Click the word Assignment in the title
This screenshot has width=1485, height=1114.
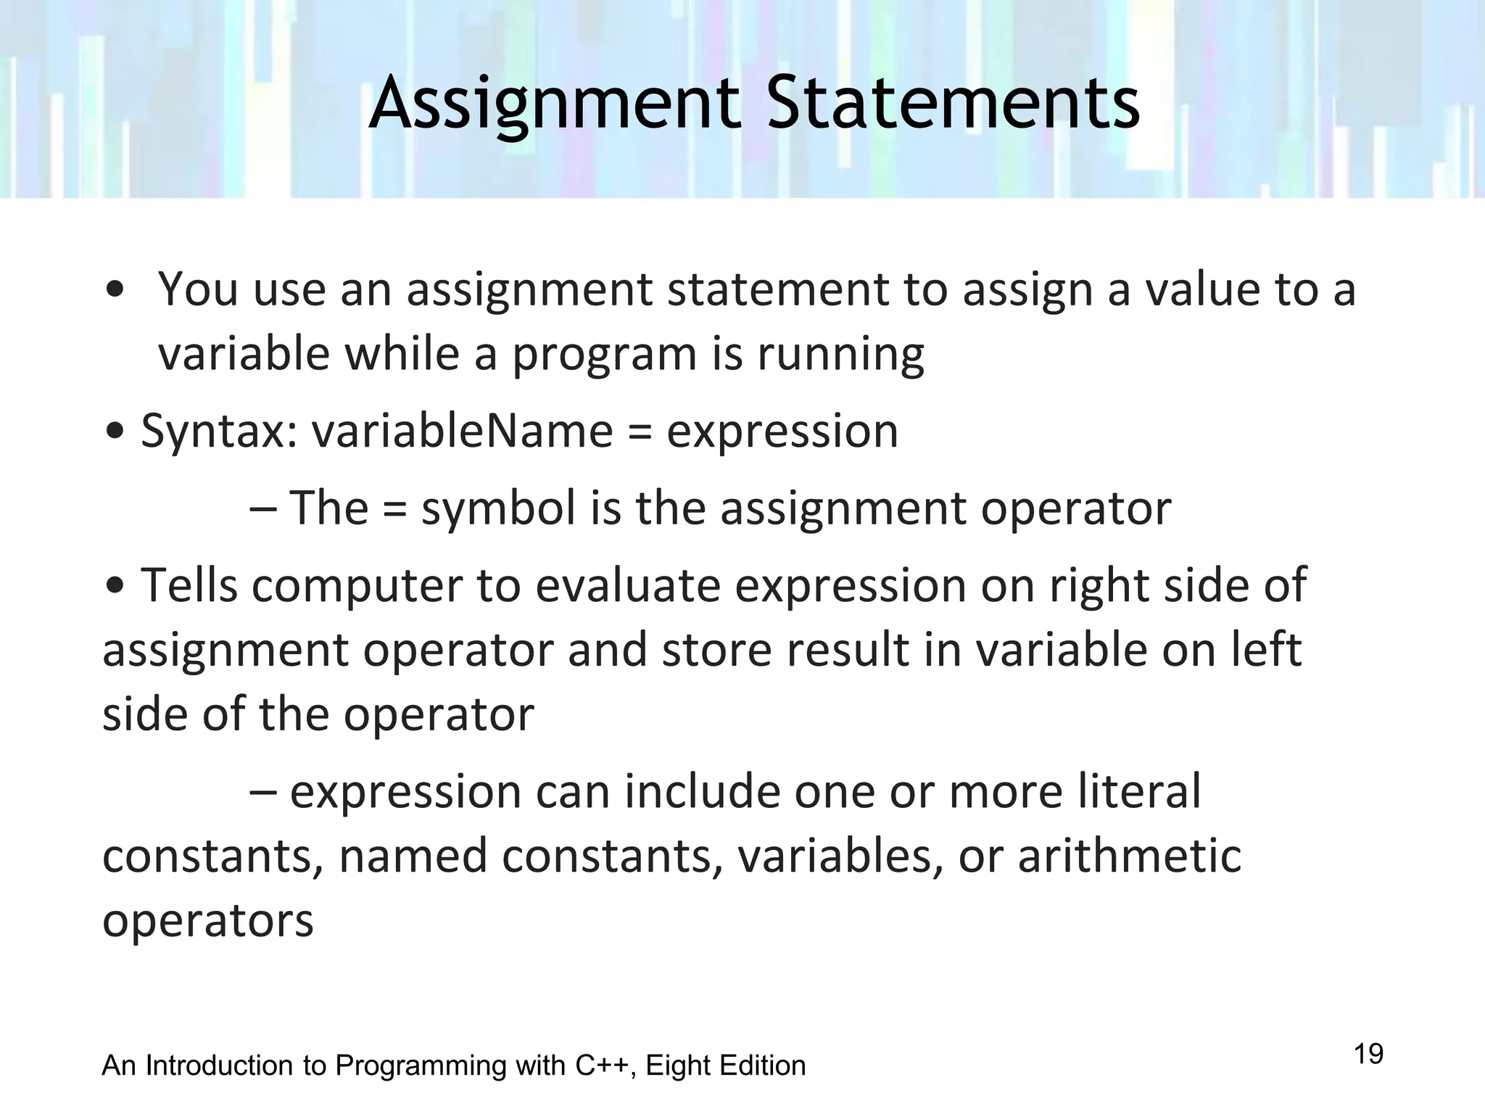point(555,104)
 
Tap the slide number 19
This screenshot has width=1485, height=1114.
point(1368,1053)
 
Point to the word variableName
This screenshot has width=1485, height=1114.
point(463,431)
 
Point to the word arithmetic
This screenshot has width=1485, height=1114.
point(1129,856)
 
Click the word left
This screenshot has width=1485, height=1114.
point(1267,649)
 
